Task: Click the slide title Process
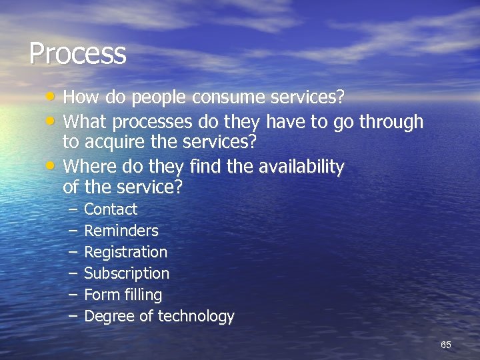pos(77,53)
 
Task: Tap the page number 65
pos(446,345)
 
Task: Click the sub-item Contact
pos(111,209)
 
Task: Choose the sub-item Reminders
pos(121,231)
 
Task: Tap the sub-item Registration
pos(125,252)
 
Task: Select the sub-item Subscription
pos(127,273)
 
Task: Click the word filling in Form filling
pos(142,295)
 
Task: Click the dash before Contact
pos(72,209)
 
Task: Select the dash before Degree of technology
pos(72,316)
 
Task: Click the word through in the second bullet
pos(391,122)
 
